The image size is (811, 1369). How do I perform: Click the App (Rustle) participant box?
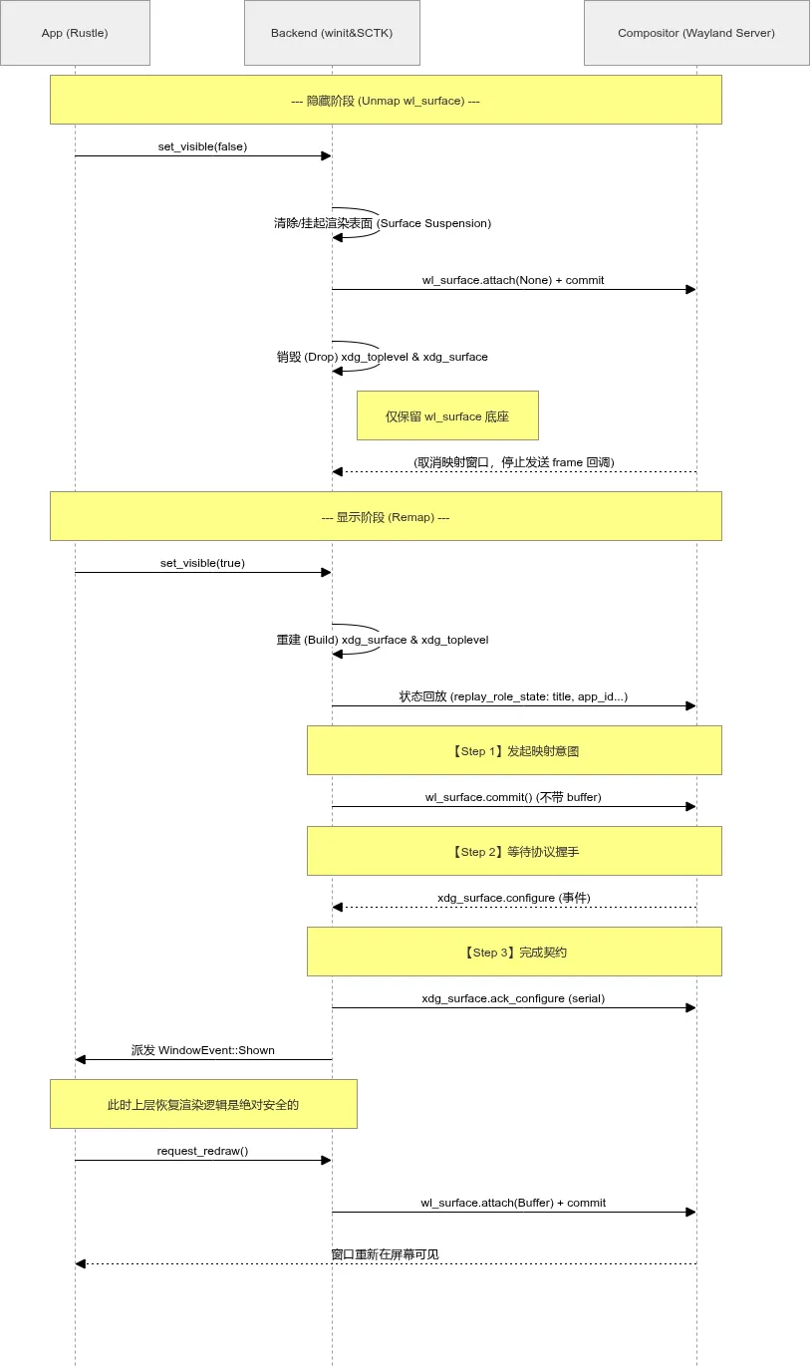pyautogui.click(x=75, y=33)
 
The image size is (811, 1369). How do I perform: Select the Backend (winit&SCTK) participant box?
pyautogui.click(x=332, y=33)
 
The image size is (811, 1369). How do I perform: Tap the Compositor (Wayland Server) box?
pyautogui.click(x=695, y=33)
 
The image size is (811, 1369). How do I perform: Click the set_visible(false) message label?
pyautogui.click(x=202, y=146)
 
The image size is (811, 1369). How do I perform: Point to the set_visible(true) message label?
pyautogui.click(x=202, y=563)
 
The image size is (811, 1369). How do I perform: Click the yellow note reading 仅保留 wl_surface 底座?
pyautogui.click(x=447, y=416)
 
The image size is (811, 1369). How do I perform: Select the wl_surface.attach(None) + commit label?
pyautogui.click(x=513, y=280)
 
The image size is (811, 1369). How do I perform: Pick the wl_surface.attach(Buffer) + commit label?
pyautogui.click(x=513, y=1203)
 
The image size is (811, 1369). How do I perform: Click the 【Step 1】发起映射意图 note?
pyautogui.click(x=514, y=751)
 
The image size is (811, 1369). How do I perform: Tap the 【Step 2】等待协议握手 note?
pyautogui.click(x=514, y=852)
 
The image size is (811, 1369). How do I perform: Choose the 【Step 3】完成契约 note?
pyautogui.click(x=514, y=953)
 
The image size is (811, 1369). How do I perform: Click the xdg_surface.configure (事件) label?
pyautogui.click(x=513, y=898)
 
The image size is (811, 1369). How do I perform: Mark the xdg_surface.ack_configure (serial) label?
pyautogui.click(x=513, y=998)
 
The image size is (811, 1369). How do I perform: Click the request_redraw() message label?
pyautogui.click(x=202, y=1151)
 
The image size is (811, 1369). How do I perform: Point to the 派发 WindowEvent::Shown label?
pyautogui.click(x=202, y=1050)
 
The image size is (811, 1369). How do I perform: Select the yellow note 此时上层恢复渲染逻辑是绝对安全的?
pyautogui.click(x=203, y=1105)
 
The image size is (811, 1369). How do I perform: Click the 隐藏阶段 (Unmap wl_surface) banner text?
pyautogui.click(x=386, y=101)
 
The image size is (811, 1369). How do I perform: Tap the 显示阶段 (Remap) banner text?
pyautogui.click(x=386, y=517)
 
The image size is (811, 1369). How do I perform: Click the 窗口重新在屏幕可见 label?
pyautogui.click(x=385, y=1254)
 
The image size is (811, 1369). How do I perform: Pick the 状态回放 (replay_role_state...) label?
pyautogui.click(x=513, y=696)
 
